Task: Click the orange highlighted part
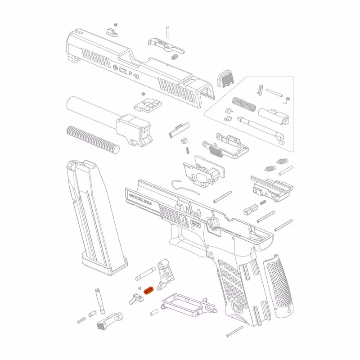(x=148, y=290)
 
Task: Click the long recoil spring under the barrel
(x=93, y=139)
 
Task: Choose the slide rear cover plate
(x=225, y=78)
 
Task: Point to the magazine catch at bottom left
(x=108, y=320)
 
